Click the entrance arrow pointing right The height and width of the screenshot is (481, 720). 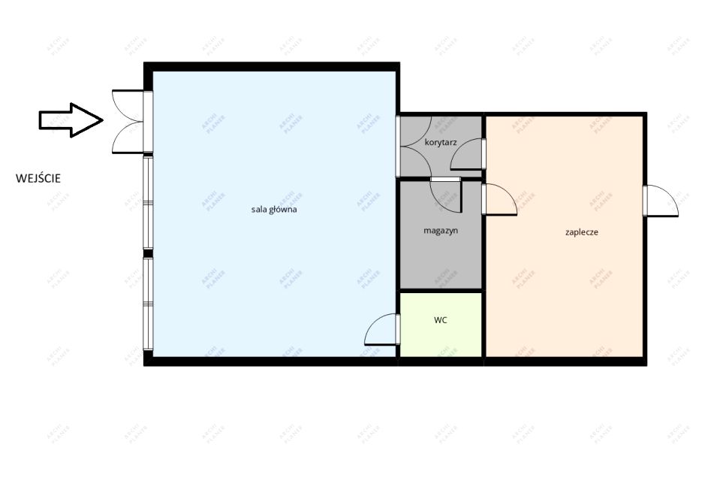pos(71,120)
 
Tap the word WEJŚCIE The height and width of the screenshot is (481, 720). pos(38,178)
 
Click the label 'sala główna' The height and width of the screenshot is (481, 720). pos(274,210)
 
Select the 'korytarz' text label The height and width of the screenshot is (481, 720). pos(441,143)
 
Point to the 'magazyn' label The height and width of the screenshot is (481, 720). pos(441,231)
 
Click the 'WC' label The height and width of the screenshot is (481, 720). pos(441,320)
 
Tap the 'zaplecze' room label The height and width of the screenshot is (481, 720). pos(582,232)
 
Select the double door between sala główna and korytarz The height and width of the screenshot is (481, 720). pos(413,147)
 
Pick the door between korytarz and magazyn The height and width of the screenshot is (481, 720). pos(446,195)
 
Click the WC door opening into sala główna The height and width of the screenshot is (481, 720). pos(382,329)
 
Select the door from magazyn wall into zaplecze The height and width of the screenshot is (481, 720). pos(499,199)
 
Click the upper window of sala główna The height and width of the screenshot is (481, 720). pos(148,203)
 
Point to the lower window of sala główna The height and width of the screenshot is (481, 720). pos(148,304)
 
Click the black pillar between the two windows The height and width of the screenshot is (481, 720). pos(148,253)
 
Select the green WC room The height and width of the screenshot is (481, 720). pos(441,325)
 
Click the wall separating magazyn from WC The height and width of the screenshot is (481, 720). pos(441,291)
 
